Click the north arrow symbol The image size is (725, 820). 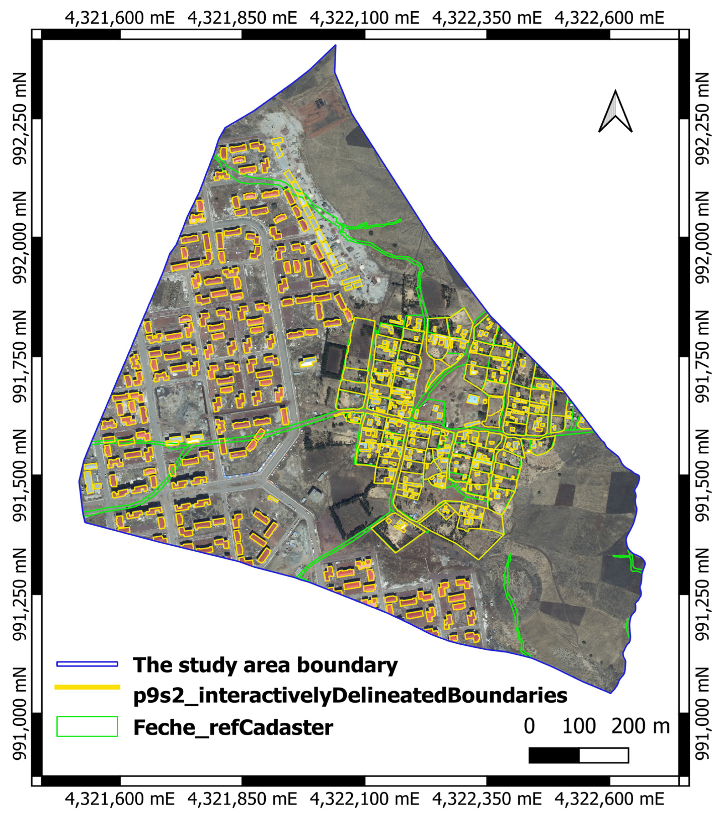click(615, 112)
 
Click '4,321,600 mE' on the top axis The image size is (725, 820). click(120, 18)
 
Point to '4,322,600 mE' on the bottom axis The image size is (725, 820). click(609, 800)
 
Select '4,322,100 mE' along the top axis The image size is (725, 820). click(364, 18)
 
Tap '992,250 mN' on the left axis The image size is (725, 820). click(19, 119)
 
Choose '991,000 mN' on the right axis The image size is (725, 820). click(702, 714)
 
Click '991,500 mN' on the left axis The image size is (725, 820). click(19, 475)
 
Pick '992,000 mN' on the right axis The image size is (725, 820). click(702, 238)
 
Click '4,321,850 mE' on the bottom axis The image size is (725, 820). click(242, 800)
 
